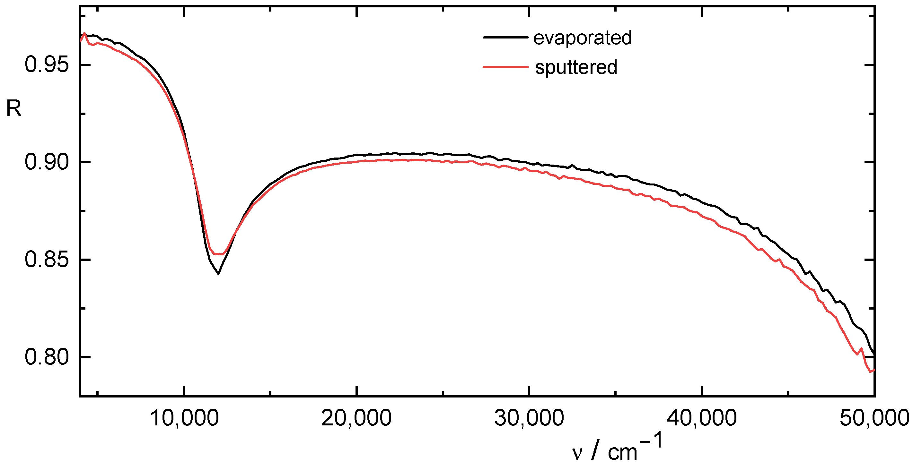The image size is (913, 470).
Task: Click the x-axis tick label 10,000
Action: click(184, 418)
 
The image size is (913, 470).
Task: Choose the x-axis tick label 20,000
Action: click(356, 418)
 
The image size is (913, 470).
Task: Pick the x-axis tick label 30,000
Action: click(529, 418)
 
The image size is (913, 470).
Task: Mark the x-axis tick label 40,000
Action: click(702, 418)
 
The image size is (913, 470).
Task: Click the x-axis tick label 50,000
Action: click(874, 418)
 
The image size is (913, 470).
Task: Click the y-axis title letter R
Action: click(14, 109)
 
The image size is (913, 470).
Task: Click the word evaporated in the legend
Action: click(582, 38)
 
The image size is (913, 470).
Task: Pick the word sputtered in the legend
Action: click(576, 67)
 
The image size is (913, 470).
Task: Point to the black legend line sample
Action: click(505, 37)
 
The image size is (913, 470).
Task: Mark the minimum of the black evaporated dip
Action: click(218, 274)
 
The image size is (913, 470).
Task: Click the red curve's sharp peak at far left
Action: click(84, 33)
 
